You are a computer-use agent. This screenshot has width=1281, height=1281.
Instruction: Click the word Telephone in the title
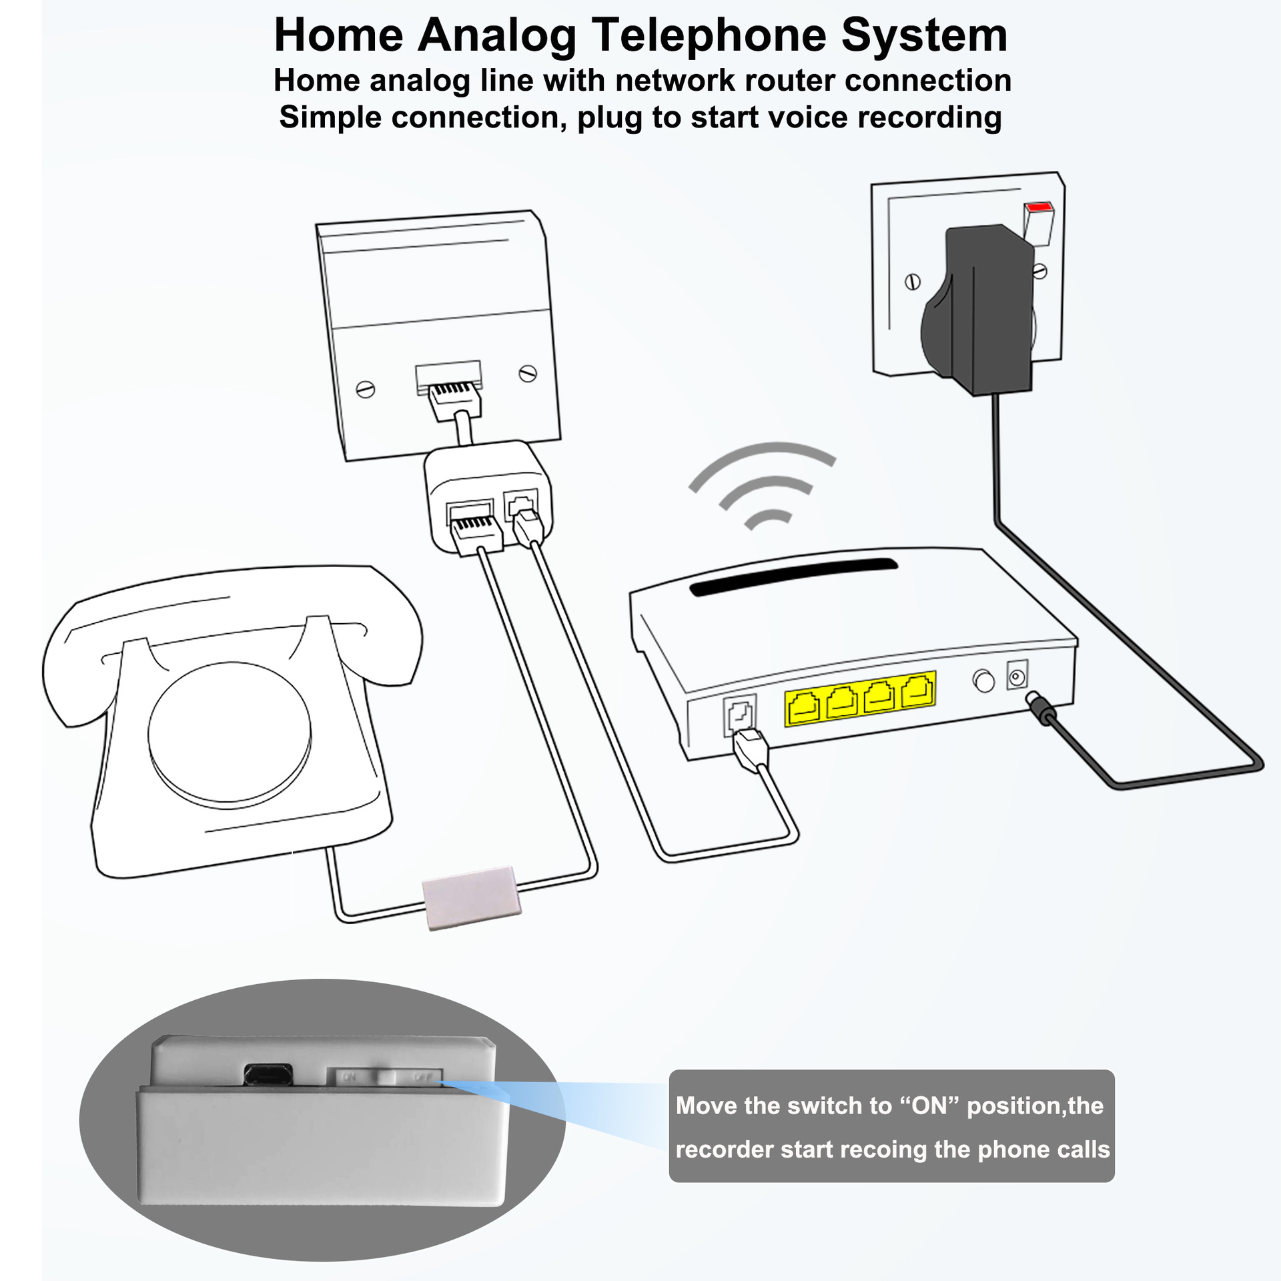tap(709, 35)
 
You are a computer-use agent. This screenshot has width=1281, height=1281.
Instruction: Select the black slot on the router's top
tap(793, 576)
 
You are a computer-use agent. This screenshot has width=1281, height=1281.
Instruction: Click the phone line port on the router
tap(740, 715)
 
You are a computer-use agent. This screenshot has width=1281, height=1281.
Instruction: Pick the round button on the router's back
tap(983, 681)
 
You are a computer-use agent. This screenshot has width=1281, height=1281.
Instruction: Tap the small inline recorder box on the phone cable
tap(471, 899)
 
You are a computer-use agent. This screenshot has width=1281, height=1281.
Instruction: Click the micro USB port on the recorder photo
tap(268, 1074)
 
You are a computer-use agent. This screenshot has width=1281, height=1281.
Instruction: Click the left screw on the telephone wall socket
tap(366, 389)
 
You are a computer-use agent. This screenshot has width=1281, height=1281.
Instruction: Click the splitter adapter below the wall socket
tap(488, 497)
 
